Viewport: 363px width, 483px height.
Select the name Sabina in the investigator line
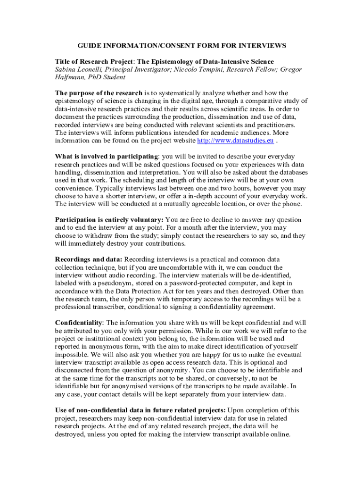(x=66, y=69)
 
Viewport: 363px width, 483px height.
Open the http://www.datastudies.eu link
(x=235, y=141)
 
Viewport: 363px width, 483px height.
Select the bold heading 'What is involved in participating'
(x=107, y=156)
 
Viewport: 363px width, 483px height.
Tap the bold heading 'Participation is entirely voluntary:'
(x=109, y=220)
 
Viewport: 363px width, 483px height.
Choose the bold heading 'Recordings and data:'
(x=89, y=259)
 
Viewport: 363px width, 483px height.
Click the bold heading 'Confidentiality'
(x=79, y=323)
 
